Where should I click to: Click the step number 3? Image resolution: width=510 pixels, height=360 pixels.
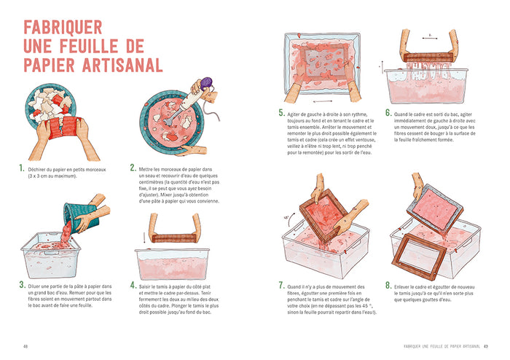[23, 286]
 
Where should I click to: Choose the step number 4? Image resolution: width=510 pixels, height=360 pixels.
[133, 286]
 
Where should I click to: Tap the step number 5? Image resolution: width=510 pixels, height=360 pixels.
[281, 113]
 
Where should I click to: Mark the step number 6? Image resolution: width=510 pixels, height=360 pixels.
[388, 113]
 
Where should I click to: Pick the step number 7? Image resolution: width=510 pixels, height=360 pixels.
[281, 286]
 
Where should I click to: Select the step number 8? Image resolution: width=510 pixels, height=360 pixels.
[388, 286]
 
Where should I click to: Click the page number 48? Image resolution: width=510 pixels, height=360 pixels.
[25, 346]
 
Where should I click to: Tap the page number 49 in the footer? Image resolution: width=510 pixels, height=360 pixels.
[484, 346]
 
